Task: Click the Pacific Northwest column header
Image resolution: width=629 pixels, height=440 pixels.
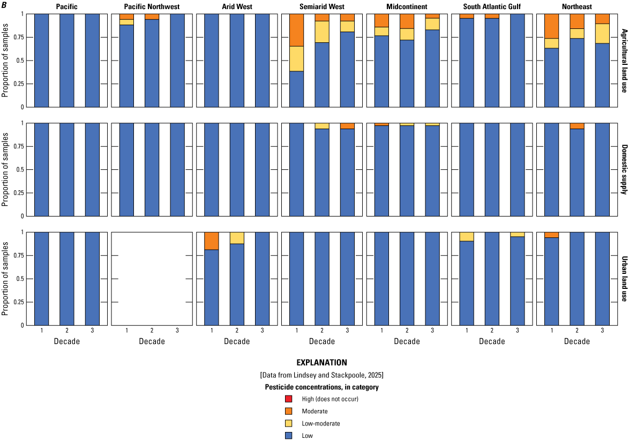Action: point(152,6)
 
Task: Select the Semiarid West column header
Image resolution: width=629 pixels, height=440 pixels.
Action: point(322,6)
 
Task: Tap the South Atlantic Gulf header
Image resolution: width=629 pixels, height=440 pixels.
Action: point(492,6)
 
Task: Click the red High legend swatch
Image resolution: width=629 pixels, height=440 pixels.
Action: point(289,399)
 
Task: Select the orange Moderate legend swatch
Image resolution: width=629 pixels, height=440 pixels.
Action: point(289,411)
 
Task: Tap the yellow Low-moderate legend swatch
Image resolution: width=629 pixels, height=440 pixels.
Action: point(289,423)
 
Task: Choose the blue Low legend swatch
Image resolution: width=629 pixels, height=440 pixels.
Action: point(289,436)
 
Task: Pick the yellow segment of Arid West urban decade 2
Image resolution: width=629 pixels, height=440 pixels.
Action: point(237,237)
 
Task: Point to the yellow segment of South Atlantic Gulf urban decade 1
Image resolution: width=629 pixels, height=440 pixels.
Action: point(467,236)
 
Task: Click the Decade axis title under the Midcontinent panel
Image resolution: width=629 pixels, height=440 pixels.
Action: point(407,341)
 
